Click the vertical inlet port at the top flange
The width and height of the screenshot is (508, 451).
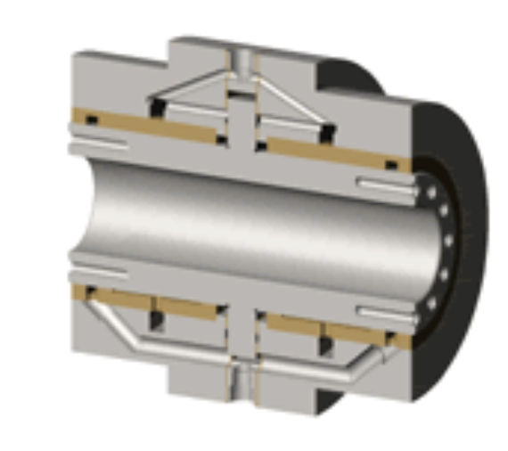click(x=242, y=61)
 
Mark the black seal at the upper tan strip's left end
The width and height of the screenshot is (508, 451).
click(x=90, y=119)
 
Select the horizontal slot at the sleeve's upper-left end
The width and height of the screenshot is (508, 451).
click(x=98, y=140)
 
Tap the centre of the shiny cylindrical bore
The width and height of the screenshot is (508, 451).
click(x=258, y=223)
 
